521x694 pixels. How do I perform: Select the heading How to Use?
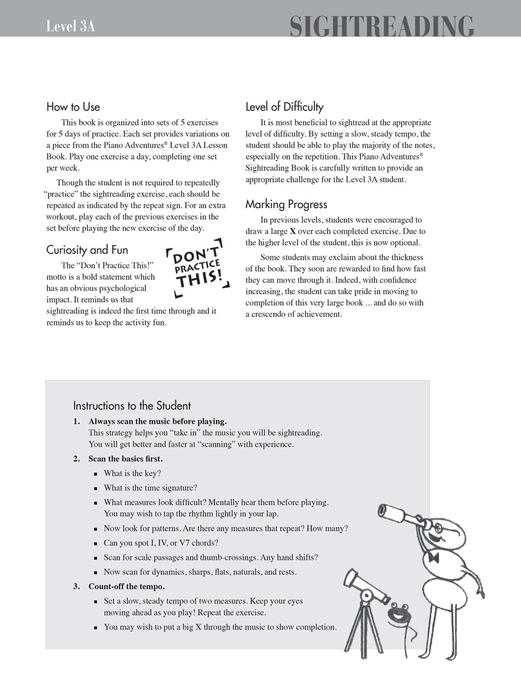pos(73,107)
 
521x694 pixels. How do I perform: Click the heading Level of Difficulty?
pos(284,107)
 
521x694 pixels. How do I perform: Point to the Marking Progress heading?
pos(286,205)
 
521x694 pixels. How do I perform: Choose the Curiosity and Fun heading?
pos(87,250)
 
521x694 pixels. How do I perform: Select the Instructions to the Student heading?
pos(132,405)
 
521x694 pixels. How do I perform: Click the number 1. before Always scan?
pos(76,422)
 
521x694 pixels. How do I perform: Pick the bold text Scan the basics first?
pos(126,459)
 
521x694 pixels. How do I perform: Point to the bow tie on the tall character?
pos(433,557)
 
